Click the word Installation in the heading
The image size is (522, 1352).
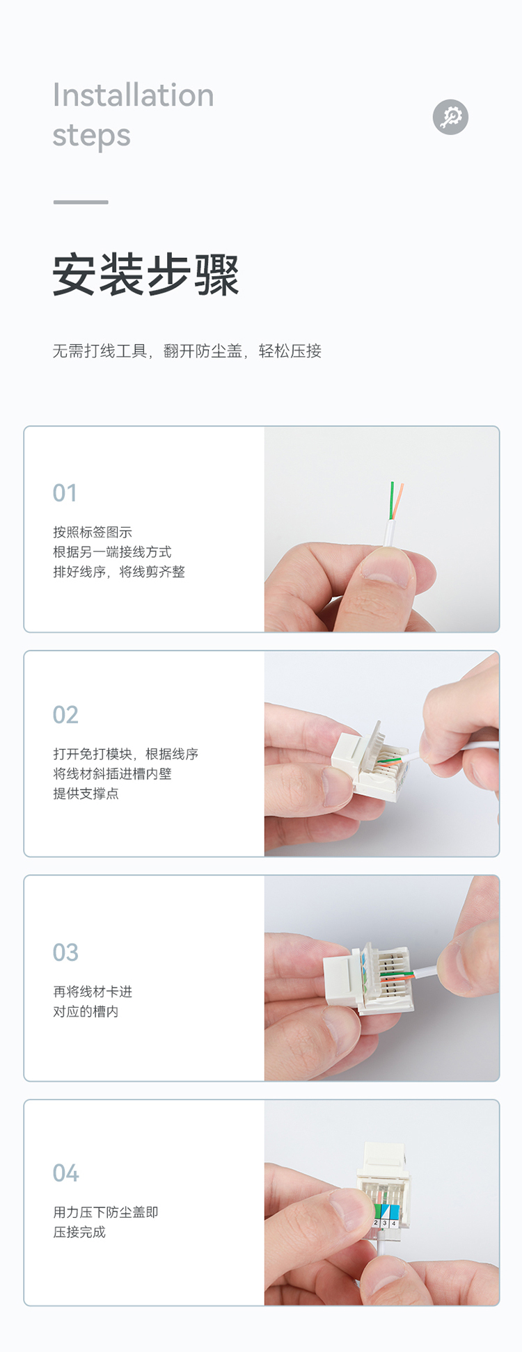(134, 95)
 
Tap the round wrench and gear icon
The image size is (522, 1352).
(450, 117)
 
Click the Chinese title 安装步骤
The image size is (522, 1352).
(146, 275)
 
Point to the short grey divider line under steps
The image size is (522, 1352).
(81, 202)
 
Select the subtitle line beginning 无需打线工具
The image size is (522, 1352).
(187, 351)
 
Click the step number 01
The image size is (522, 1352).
(65, 493)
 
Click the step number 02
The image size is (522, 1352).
(65, 715)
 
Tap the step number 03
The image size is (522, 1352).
(65, 953)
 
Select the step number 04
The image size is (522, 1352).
(66, 1173)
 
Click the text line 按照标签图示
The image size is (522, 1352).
(93, 533)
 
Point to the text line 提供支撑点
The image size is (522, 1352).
(86, 794)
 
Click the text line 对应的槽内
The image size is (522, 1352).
(86, 1011)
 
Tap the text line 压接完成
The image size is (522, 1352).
(79, 1232)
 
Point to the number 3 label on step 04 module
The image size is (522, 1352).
(384, 1223)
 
